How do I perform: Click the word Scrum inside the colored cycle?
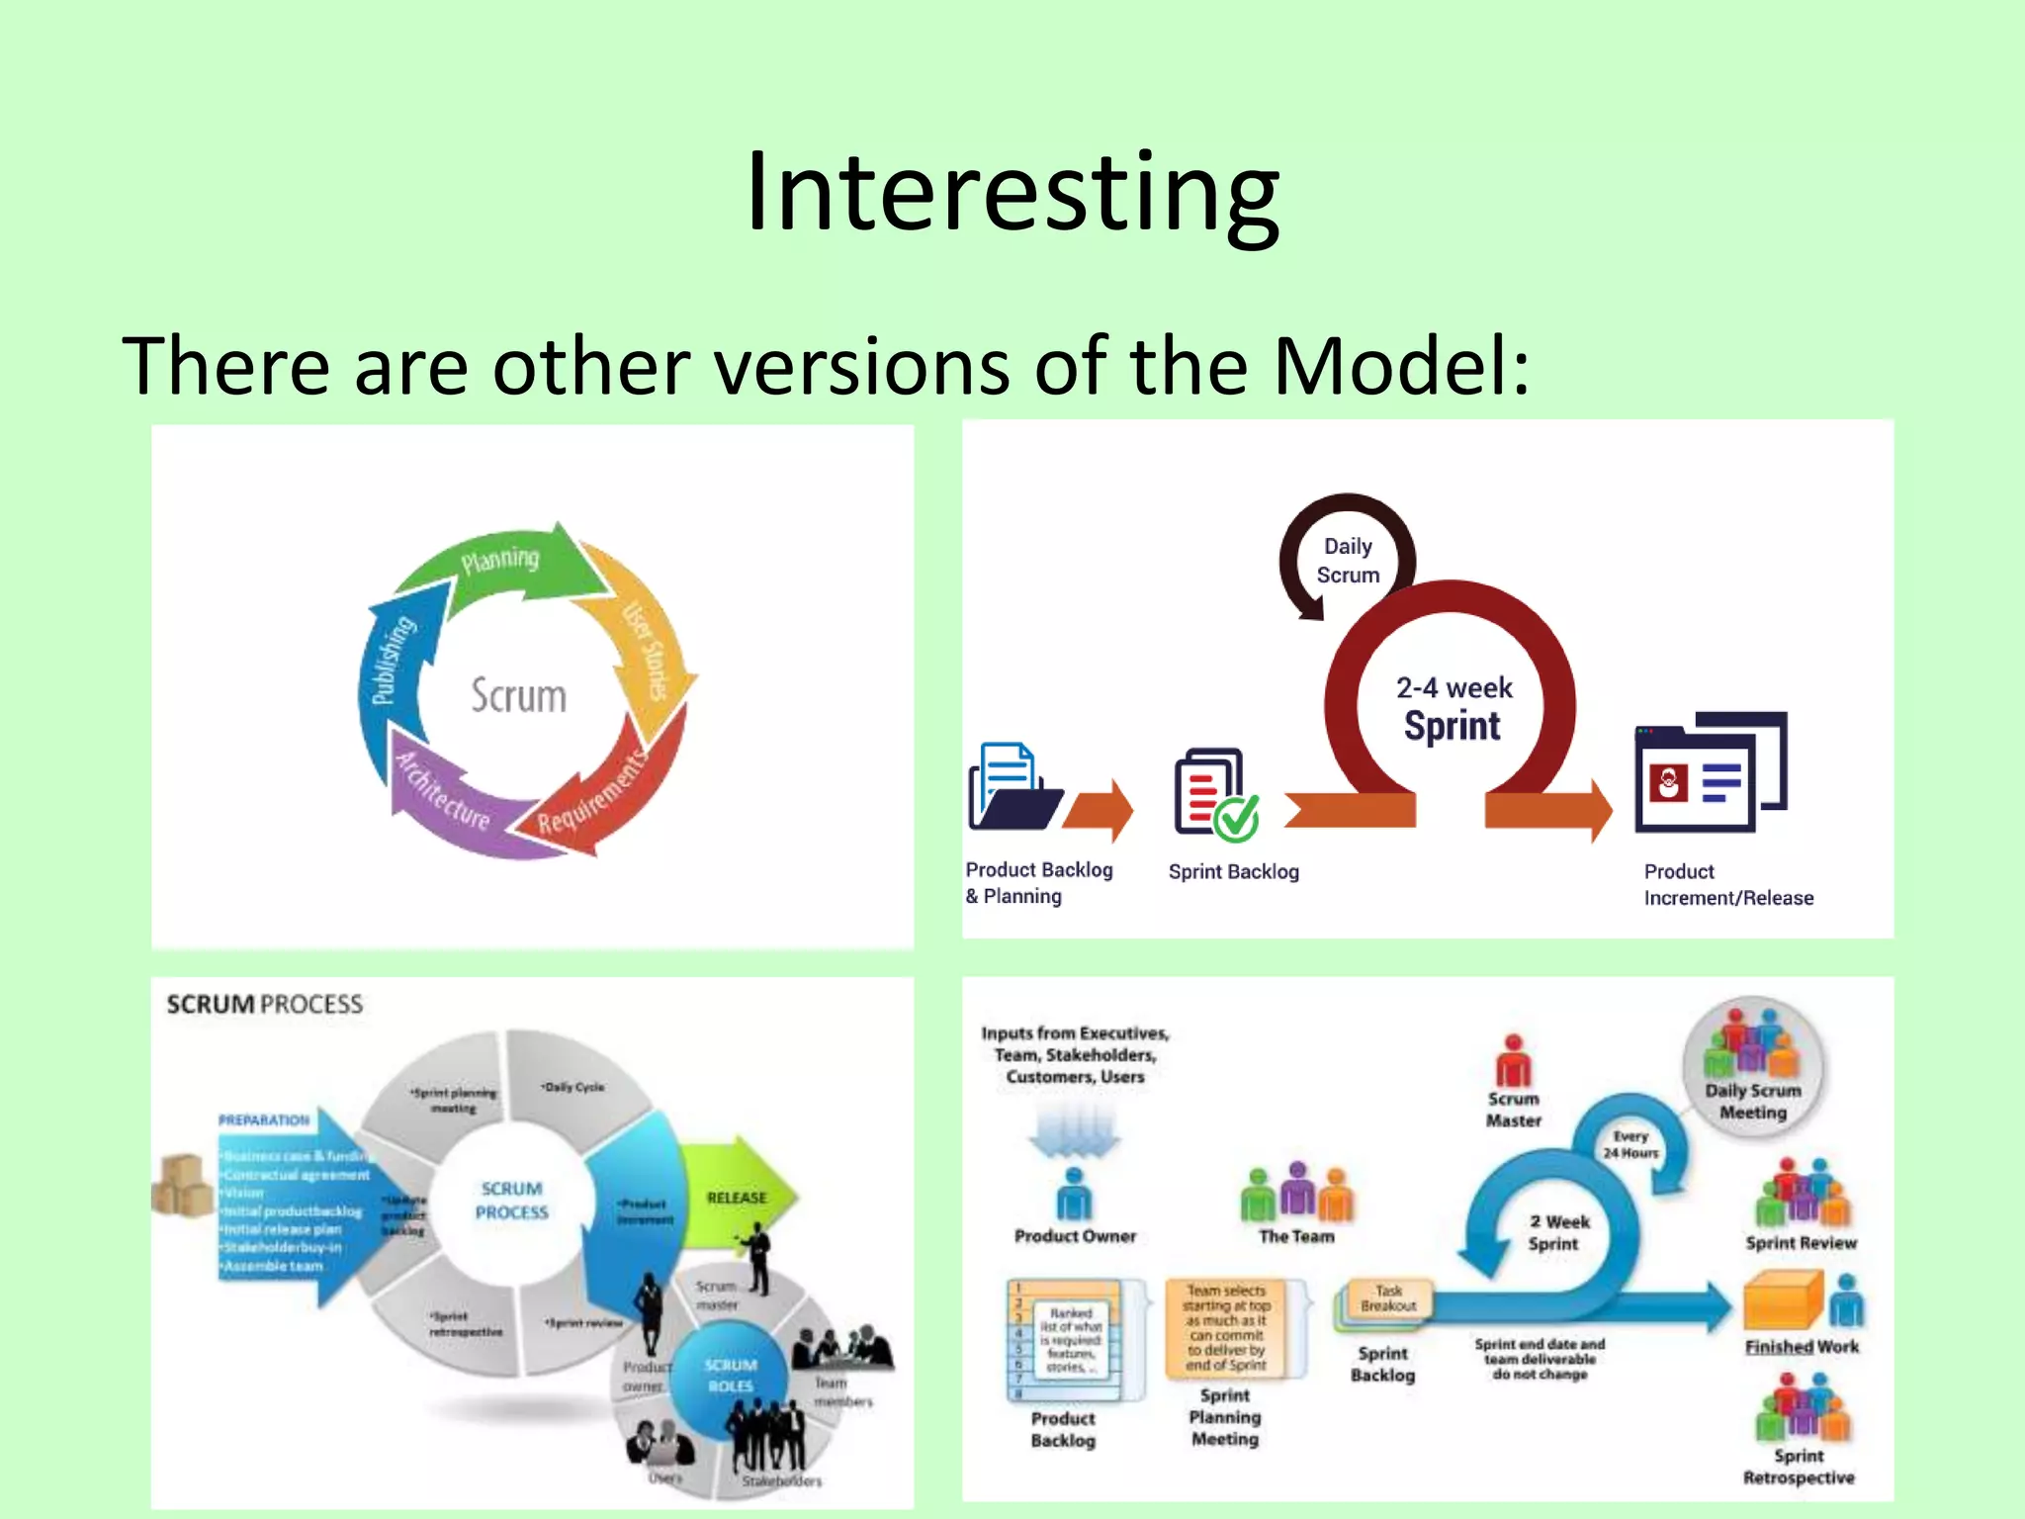(x=518, y=696)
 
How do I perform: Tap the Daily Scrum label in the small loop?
(x=1348, y=561)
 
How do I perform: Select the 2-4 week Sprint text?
(x=1453, y=708)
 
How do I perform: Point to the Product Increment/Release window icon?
(x=1711, y=771)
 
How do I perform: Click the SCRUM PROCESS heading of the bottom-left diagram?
(x=264, y=1005)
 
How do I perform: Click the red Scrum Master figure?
(x=1513, y=1063)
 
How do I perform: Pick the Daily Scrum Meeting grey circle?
(x=1753, y=1068)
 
